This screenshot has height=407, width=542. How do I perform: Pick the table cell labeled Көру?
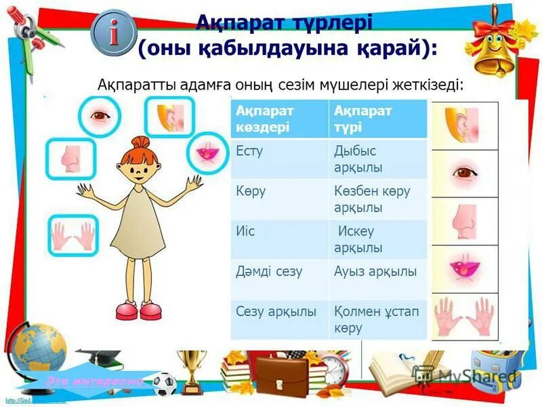coord(280,199)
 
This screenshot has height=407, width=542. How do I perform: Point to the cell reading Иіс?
coord(280,239)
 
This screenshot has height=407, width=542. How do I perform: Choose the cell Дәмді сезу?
coord(280,278)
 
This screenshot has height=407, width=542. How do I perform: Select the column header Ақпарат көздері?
coord(280,119)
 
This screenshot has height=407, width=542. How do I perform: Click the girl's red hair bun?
coord(141,143)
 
